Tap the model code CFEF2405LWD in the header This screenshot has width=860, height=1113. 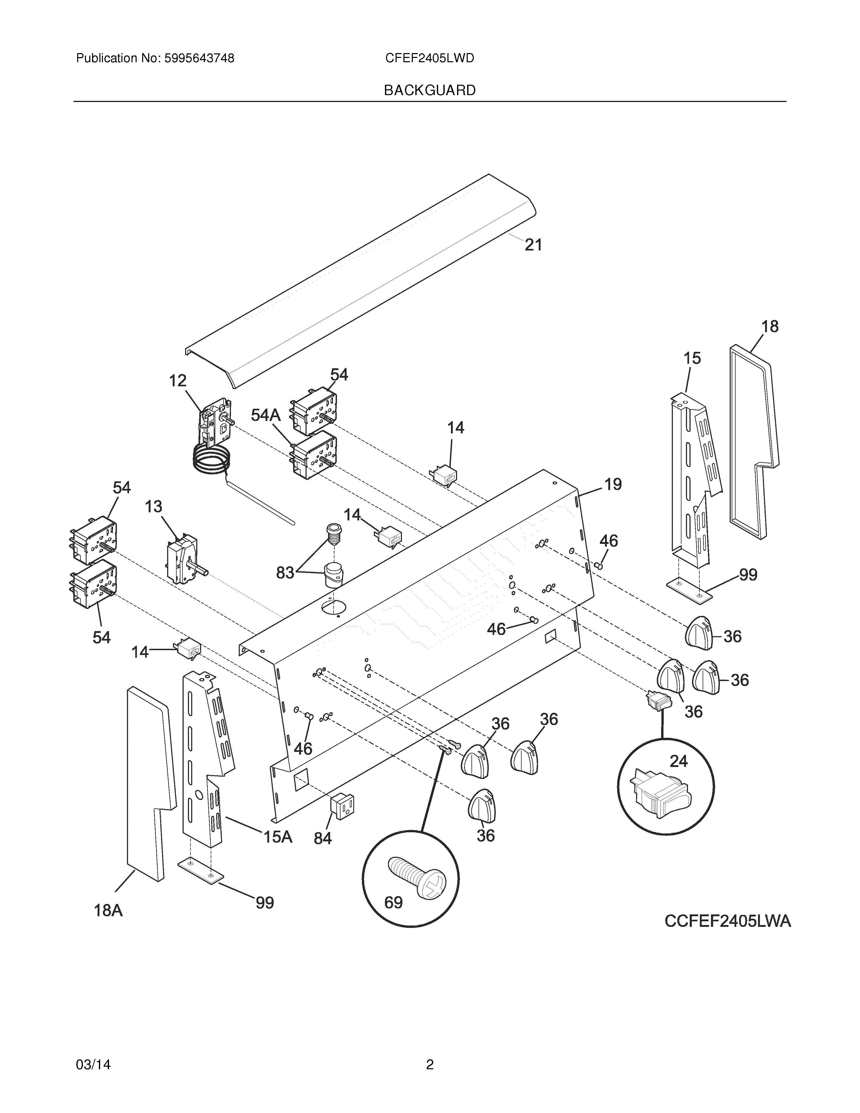(x=429, y=59)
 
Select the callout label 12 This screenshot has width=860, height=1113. (x=178, y=381)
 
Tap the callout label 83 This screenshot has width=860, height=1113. (x=285, y=573)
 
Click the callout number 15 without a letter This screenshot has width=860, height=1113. (x=692, y=358)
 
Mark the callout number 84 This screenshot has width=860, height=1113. (x=322, y=838)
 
